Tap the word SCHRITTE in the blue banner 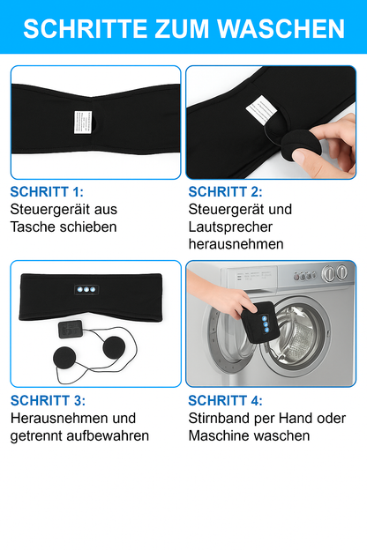[x=79, y=28]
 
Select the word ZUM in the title [x=176, y=28]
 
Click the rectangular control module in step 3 [x=70, y=329]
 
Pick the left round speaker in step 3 [x=70, y=359]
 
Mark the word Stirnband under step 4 [x=221, y=418]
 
